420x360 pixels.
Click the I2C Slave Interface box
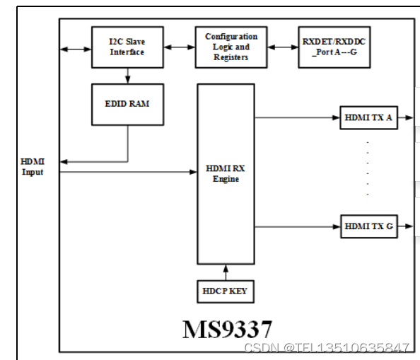127,47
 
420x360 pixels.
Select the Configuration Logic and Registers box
231,47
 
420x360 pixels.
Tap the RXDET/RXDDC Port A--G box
334,47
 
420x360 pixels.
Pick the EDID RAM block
127,104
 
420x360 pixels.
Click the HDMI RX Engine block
225,173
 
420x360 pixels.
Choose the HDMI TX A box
368,117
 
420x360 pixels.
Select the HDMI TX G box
368,226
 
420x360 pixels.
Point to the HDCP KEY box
225,291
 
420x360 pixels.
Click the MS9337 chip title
226,328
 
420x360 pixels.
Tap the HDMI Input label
33,167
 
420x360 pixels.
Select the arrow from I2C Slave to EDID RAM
127,75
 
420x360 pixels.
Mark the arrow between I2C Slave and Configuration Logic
180,47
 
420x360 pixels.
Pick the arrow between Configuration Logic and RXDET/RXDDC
282,47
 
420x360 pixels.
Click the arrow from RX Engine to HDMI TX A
297,117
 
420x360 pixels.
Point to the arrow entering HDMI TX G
297,226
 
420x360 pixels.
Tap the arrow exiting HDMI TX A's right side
404,117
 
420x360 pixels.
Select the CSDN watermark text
326,347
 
